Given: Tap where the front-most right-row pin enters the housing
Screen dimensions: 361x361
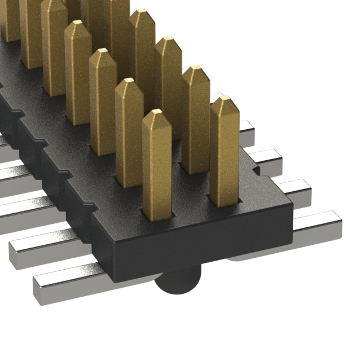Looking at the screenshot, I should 224,202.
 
